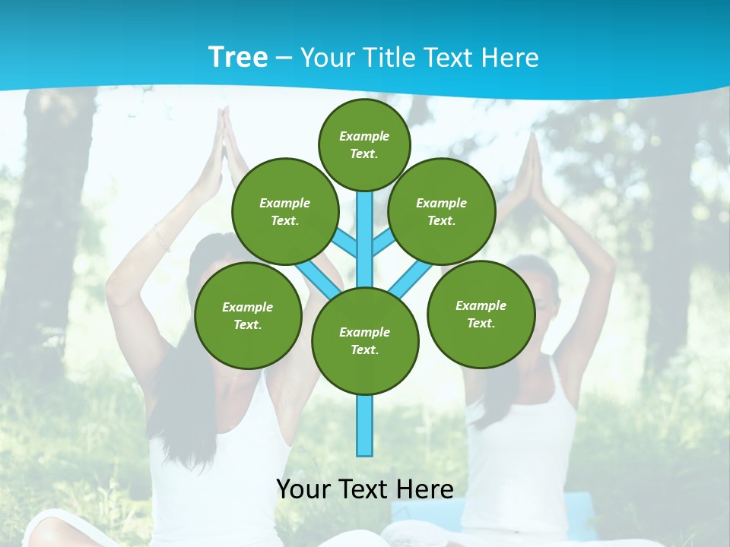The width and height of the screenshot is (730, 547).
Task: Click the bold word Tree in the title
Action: (238, 57)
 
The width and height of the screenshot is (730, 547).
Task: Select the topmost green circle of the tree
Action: (364, 144)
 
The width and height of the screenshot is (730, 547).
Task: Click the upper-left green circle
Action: (285, 211)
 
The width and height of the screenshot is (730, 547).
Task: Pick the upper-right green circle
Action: (442, 211)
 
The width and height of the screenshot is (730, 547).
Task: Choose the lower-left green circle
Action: (248, 315)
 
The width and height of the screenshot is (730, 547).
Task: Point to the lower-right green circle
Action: (481, 314)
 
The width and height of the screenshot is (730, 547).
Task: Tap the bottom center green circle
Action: (365, 341)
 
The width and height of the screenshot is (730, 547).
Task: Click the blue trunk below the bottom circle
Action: (365, 425)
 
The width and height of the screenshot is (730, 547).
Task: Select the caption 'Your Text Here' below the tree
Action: (365, 489)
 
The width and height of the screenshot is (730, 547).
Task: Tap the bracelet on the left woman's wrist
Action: (160, 239)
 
